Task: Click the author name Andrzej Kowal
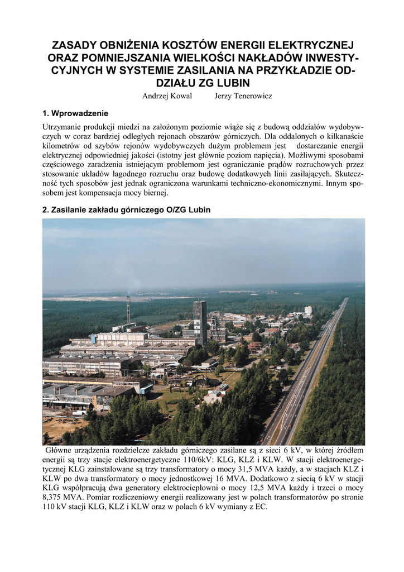[x=167, y=96]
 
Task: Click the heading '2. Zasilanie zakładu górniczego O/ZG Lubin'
[x=127, y=209]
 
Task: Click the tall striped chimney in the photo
[x=128, y=310]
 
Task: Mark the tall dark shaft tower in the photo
[x=200, y=321]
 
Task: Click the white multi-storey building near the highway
[x=308, y=310]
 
